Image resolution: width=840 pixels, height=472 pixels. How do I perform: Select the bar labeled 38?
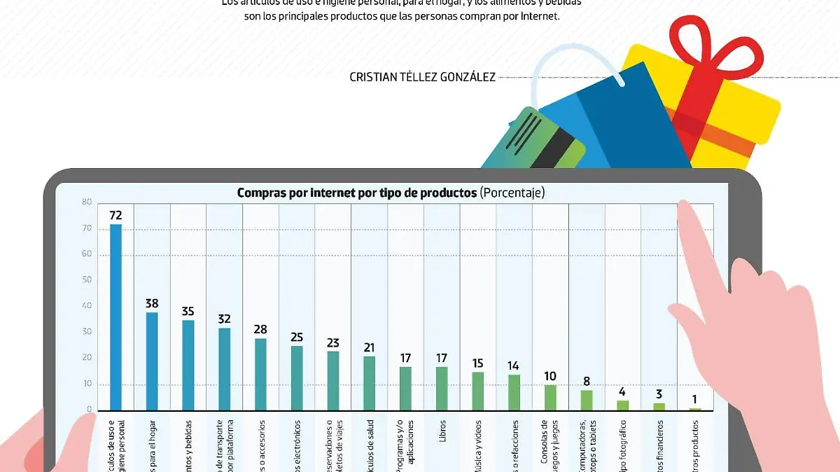(152, 361)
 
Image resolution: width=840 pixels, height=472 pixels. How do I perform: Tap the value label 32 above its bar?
(224, 319)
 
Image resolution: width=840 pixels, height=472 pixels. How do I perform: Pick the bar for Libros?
(442, 388)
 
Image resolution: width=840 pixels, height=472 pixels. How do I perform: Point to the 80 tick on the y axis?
(87, 202)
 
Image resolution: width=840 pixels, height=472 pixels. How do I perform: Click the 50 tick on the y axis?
(87, 280)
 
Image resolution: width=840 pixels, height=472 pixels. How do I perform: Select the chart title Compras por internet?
(357, 193)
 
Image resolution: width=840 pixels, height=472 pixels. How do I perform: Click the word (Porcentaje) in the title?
(512, 193)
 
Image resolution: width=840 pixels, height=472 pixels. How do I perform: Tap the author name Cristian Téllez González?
(422, 77)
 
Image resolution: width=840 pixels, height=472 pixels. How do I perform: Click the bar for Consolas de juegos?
(550, 397)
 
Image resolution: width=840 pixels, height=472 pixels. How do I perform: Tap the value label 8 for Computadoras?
(587, 382)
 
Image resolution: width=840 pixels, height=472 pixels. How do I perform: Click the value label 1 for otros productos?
(695, 400)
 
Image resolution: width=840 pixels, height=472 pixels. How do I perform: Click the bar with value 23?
(333, 380)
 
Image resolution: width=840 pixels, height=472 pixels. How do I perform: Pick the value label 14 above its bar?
(514, 366)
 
